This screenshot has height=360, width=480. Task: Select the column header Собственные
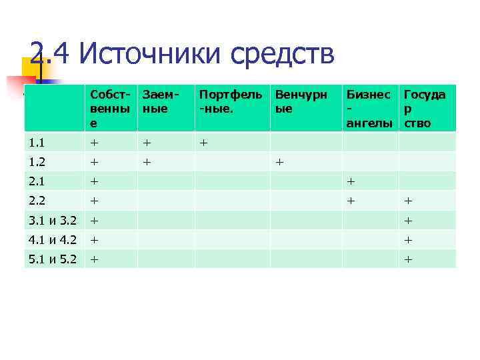pyautogui.click(x=111, y=109)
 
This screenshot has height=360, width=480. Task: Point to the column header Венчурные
pyautogui.click(x=301, y=102)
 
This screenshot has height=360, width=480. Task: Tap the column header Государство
pyautogui.click(x=425, y=109)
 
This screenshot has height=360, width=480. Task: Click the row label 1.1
pyautogui.click(x=37, y=142)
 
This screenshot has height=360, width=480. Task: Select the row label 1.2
pyautogui.click(x=37, y=161)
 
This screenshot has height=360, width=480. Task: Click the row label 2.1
pyautogui.click(x=37, y=181)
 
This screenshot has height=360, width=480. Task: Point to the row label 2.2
pyautogui.click(x=37, y=200)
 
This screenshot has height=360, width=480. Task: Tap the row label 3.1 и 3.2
pyautogui.click(x=53, y=220)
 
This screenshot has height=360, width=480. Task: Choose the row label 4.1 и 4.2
pyautogui.click(x=53, y=239)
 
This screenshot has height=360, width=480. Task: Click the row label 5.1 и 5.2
pyautogui.click(x=53, y=259)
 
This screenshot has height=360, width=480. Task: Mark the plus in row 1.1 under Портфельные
pyautogui.click(x=203, y=142)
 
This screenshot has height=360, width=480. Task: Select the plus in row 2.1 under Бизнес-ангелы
pyautogui.click(x=351, y=181)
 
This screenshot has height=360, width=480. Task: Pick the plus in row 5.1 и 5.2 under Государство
pyautogui.click(x=408, y=259)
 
